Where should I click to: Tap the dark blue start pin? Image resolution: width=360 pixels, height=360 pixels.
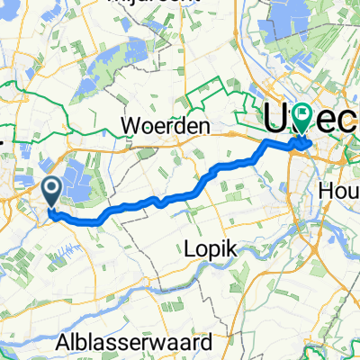(51, 190)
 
